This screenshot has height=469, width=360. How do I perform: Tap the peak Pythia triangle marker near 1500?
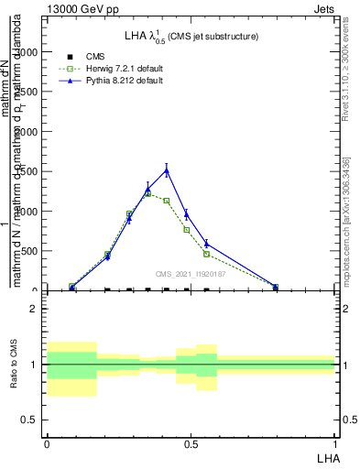[167, 170]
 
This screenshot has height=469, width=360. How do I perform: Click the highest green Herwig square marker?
[147, 193]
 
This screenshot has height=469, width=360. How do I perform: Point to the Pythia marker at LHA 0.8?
[276, 287]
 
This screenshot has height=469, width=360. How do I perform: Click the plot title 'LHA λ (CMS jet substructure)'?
[191, 36]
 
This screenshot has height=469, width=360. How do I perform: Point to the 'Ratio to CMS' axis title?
[14, 365]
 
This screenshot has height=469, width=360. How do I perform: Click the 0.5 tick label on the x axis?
[191, 443]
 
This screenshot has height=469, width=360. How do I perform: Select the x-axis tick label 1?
[335, 443]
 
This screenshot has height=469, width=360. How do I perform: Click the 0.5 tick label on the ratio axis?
[31, 420]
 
